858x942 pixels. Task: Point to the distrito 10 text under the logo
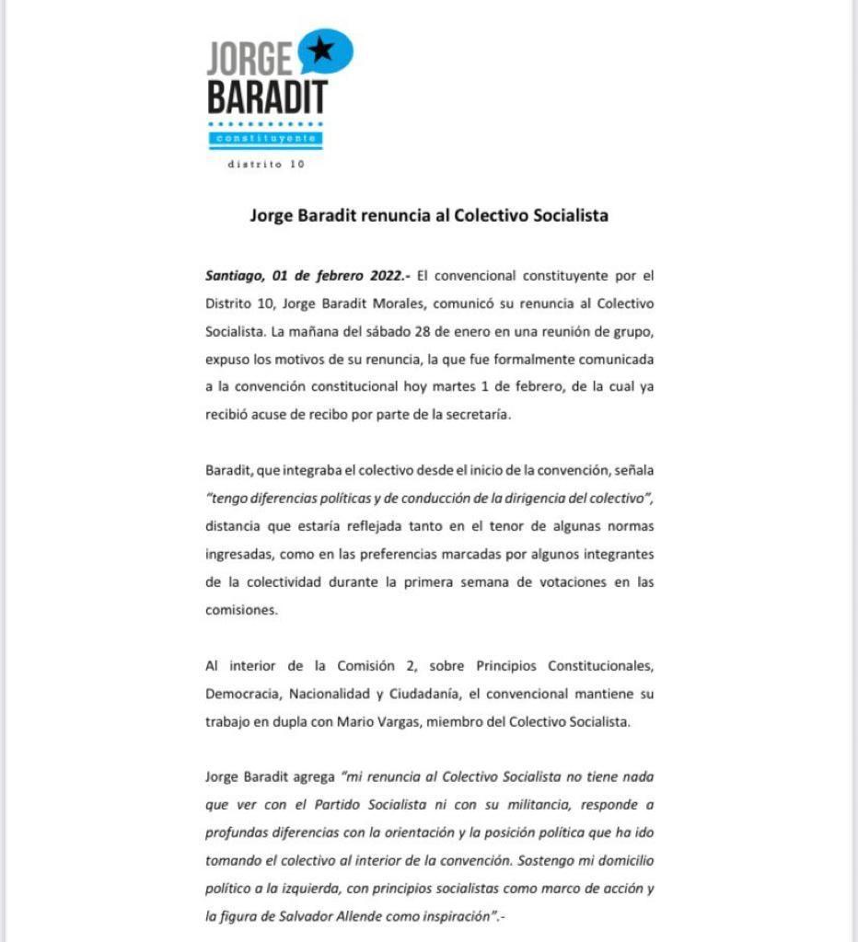click(x=265, y=165)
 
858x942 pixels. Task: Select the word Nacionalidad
click(x=342, y=694)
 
